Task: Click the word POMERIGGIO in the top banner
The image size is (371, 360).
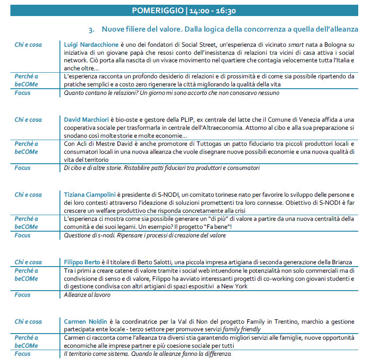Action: tap(157, 10)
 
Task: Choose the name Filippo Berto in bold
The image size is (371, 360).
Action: tap(84, 262)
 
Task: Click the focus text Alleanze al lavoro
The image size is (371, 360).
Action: tap(87, 295)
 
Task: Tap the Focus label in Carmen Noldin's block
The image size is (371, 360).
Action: tap(22, 353)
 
